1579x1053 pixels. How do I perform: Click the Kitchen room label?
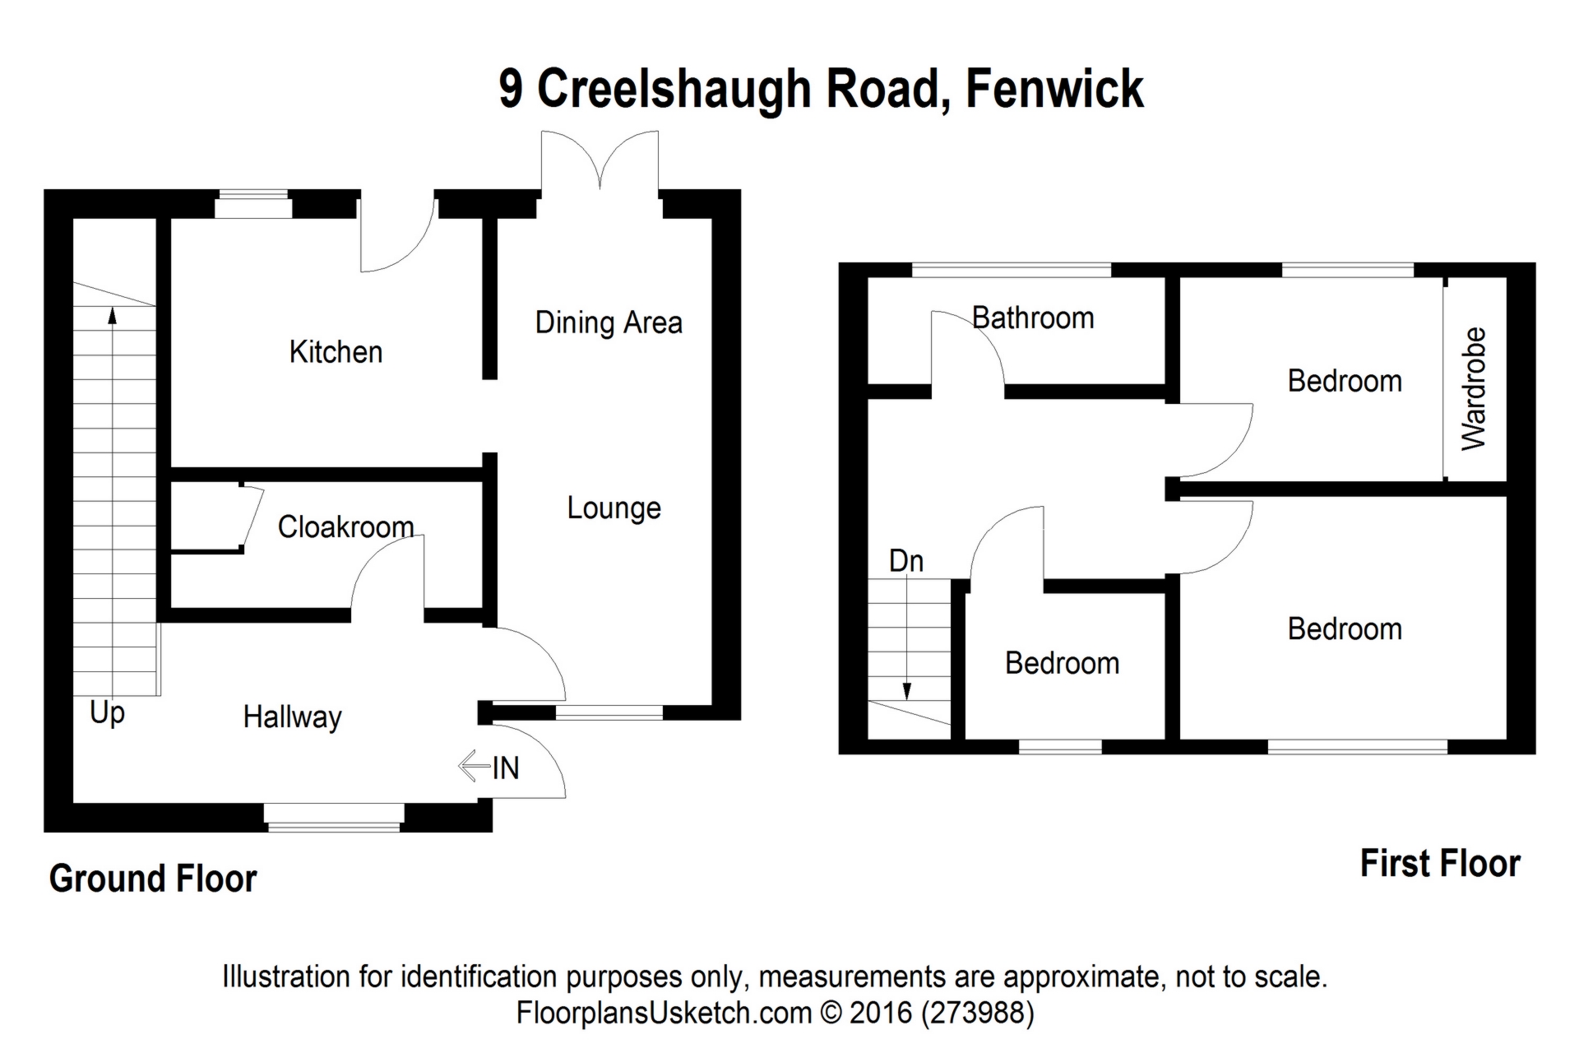336,352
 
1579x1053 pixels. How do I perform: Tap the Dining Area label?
609,322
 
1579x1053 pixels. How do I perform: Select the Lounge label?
614,508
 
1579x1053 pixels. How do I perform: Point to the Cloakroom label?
345,526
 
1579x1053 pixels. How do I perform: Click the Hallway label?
292,717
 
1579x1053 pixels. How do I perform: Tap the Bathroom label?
1033,318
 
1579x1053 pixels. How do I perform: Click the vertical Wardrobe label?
1474,388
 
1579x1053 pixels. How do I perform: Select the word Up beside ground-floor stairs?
107,712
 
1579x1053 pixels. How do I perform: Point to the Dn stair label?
905,561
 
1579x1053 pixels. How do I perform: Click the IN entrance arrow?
475,767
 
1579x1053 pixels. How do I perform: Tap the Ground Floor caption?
153,879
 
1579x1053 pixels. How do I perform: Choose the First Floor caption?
1439,864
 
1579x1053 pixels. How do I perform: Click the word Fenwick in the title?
1054,89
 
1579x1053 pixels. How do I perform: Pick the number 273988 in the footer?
977,1012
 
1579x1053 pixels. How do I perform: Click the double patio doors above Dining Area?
600,161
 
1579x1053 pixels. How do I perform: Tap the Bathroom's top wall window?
1011,270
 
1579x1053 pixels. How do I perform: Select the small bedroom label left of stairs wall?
1062,663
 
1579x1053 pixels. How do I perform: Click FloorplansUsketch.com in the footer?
664,1012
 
